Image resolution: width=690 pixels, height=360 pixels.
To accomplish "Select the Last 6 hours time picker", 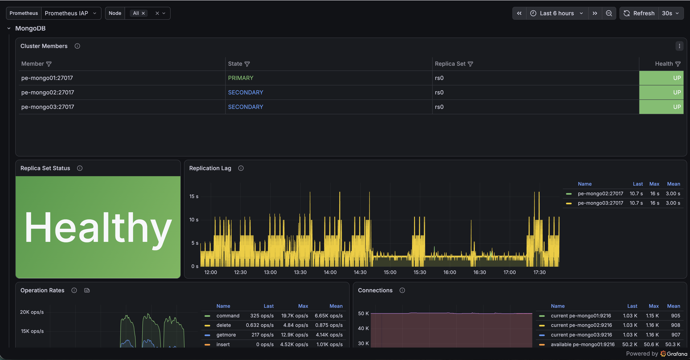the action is pos(557,13).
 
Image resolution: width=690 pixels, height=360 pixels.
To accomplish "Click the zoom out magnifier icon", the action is pos(609,13).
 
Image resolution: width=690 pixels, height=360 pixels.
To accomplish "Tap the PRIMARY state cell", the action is pos(241,78).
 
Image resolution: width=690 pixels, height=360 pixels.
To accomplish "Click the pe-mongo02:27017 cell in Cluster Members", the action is pos(48,92).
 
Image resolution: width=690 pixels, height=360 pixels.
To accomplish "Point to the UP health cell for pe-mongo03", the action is pos(661,107).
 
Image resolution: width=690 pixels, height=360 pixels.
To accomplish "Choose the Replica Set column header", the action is pos(450,64).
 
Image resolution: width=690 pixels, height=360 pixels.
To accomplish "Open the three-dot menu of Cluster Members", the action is pos(679,46).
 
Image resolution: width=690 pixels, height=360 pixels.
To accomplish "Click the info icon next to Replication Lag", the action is pos(241,168).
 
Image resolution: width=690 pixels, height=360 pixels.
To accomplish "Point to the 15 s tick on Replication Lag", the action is pos(194,196).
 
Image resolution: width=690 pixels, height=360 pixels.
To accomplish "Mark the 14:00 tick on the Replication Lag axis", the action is pos(330,272).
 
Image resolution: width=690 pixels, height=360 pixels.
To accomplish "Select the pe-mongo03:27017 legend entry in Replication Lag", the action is pos(600,203).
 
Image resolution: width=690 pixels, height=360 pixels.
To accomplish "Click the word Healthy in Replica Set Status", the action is pos(98,227).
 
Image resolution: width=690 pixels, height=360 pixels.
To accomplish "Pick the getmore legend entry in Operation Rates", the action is pos(226,335).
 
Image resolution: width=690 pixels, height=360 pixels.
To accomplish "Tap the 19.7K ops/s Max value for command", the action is pos(294,316).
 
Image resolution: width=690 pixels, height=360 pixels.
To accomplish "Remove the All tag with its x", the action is pos(143,13).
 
